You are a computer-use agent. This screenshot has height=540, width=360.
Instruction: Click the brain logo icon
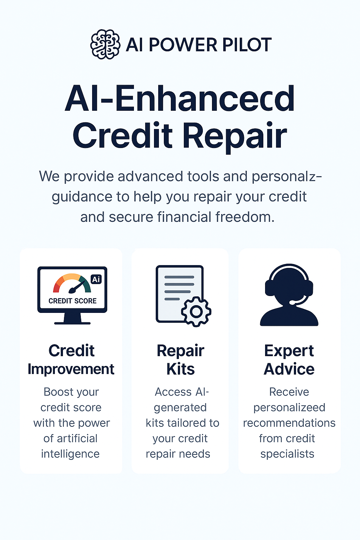click(105, 44)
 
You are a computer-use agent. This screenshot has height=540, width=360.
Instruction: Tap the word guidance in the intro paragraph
click(82, 197)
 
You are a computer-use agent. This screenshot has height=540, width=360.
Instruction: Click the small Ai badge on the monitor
click(96, 279)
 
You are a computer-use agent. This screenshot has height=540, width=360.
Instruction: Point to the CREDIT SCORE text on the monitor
click(72, 301)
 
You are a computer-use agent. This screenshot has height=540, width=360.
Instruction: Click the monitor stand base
click(72, 323)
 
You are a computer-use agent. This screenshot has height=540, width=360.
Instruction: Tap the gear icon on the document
click(196, 312)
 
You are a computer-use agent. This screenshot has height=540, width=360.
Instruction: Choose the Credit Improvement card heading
click(71, 360)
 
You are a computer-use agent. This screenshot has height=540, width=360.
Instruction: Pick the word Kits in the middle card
click(180, 369)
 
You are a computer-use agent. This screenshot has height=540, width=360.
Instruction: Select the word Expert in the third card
click(289, 351)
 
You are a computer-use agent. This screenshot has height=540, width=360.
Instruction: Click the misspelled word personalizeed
click(289, 408)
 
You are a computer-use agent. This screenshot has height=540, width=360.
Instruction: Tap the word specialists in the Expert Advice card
click(288, 454)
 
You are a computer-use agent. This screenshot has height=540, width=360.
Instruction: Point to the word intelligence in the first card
click(70, 454)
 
